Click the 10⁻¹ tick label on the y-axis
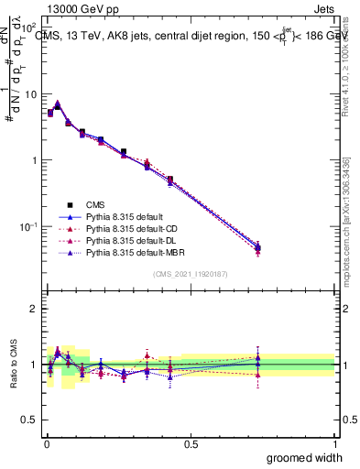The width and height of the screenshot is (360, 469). point(27,226)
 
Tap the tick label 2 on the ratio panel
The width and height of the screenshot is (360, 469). point(33,309)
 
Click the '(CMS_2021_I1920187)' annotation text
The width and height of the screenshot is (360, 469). point(191,274)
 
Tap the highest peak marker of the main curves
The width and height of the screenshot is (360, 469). point(58,104)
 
